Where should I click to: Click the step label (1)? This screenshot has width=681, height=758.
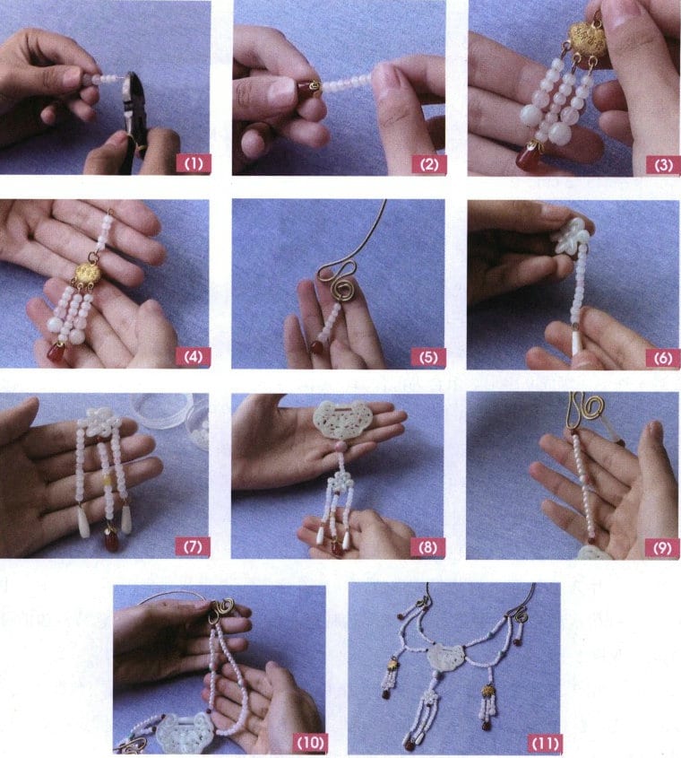pyautogui.click(x=194, y=163)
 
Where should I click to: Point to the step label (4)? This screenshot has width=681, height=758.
pyautogui.click(x=194, y=356)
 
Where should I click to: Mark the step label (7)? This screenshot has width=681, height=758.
pyautogui.click(x=194, y=545)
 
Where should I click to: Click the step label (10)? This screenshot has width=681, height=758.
pyautogui.click(x=306, y=742)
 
